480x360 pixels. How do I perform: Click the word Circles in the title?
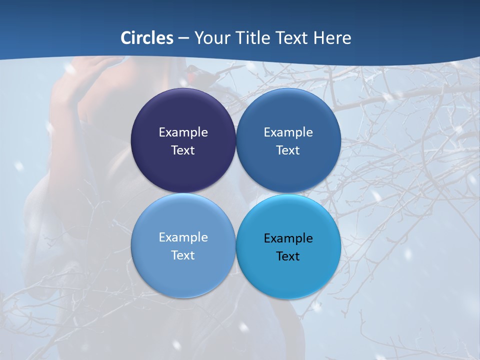[x=147, y=38]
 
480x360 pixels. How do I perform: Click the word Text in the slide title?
[x=291, y=38]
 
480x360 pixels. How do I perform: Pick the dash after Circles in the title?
[x=183, y=38]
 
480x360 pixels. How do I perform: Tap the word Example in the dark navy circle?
[x=183, y=132]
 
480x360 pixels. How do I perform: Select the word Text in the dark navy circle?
[x=183, y=150]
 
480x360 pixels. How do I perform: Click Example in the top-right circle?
[x=288, y=132]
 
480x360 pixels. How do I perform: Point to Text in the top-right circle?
[x=288, y=150]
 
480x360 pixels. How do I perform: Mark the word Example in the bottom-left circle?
[x=183, y=237]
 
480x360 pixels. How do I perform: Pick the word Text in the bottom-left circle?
[x=183, y=255]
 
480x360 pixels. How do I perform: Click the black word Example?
[x=288, y=238]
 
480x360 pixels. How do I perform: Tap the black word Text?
[x=288, y=256]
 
